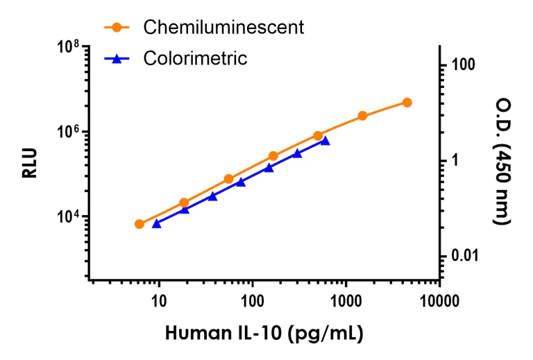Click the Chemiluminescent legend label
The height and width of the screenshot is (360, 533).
coord(223,28)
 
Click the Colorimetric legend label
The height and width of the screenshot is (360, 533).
coord(195,58)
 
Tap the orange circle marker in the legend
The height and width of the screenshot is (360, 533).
coord(117,28)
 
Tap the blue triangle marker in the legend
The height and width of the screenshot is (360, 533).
coord(117,59)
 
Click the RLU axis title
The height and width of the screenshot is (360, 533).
coord(29,164)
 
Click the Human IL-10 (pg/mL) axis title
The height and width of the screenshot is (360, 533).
coord(264,334)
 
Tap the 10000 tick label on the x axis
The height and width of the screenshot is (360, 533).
coord(439,302)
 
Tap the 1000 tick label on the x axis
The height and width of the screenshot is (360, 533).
coord(346,302)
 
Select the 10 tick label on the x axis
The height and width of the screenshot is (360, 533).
coord(159,302)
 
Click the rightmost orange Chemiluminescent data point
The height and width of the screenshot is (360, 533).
coord(407,103)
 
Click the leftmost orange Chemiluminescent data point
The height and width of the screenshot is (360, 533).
coord(139,224)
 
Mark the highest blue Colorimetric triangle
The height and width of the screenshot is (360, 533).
coord(325,141)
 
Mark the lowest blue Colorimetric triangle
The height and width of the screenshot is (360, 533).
coord(156,223)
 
